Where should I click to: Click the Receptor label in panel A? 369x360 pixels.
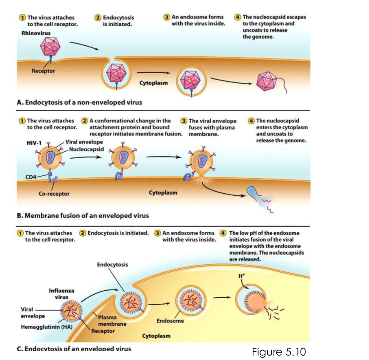tap(44, 71)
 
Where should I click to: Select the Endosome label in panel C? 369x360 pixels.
tap(170, 321)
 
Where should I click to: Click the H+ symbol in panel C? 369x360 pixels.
tap(242, 276)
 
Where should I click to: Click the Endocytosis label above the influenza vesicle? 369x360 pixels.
tap(112, 264)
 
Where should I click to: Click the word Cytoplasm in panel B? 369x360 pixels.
tap(163, 192)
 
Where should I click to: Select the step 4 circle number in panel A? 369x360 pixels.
tap(238, 17)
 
